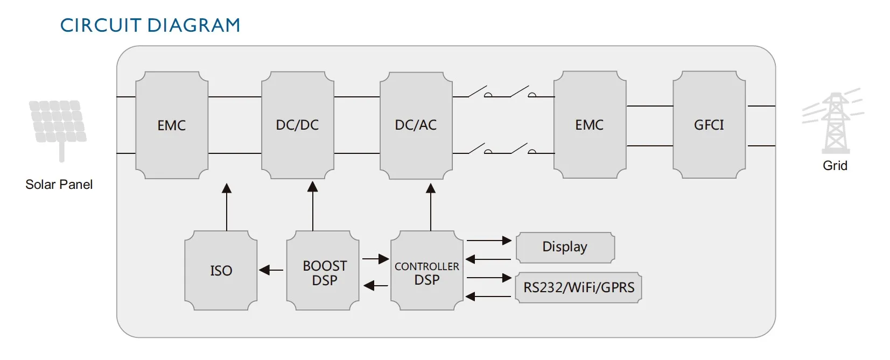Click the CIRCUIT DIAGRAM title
click(150, 25)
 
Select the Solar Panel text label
click(59, 185)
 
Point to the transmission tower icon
click(834, 123)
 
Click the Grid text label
click(835, 166)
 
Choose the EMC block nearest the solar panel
click(172, 125)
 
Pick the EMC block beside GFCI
click(590, 125)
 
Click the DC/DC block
click(297, 125)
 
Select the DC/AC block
click(416, 125)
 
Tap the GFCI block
click(709, 125)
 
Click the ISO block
click(221, 270)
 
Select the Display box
click(565, 247)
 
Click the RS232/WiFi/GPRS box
click(579, 287)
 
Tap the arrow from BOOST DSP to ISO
click(271, 270)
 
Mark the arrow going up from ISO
click(227, 207)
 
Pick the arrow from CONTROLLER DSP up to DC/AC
click(431, 207)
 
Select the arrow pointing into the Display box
click(489, 241)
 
